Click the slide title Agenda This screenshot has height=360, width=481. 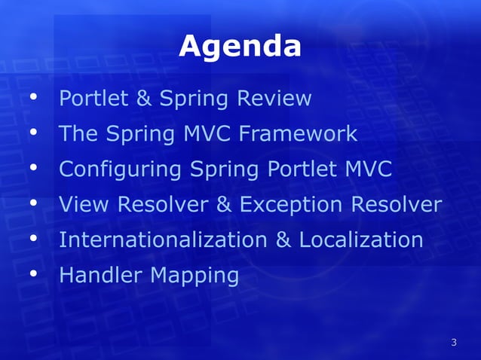click(x=240, y=47)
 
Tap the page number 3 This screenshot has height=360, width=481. click(x=454, y=343)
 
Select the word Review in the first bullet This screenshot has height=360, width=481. click(x=274, y=99)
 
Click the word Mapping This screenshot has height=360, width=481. click(x=195, y=276)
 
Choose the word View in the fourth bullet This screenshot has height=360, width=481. click(x=82, y=205)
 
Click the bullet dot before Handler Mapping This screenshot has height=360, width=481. click(x=34, y=274)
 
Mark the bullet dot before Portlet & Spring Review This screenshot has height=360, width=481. click(x=34, y=97)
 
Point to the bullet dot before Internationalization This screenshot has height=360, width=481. click(x=34, y=239)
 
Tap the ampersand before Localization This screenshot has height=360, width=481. click(x=283, y=240)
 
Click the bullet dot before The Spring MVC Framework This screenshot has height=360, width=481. click(x=34, y=133)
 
